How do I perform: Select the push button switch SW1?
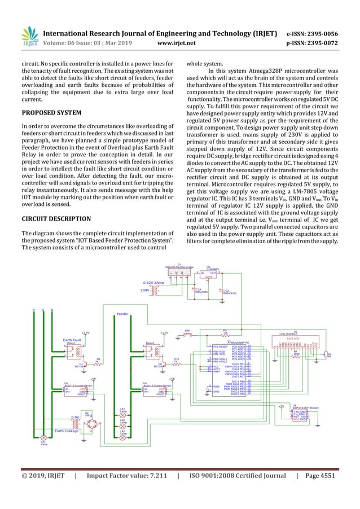188,335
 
